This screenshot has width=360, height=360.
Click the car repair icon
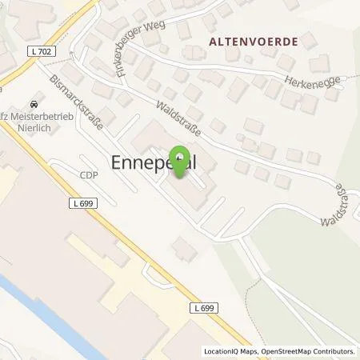pyautogui.click(x=34, y=105)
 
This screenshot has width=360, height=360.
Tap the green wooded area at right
pyautogui.click(x=312, y=256)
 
